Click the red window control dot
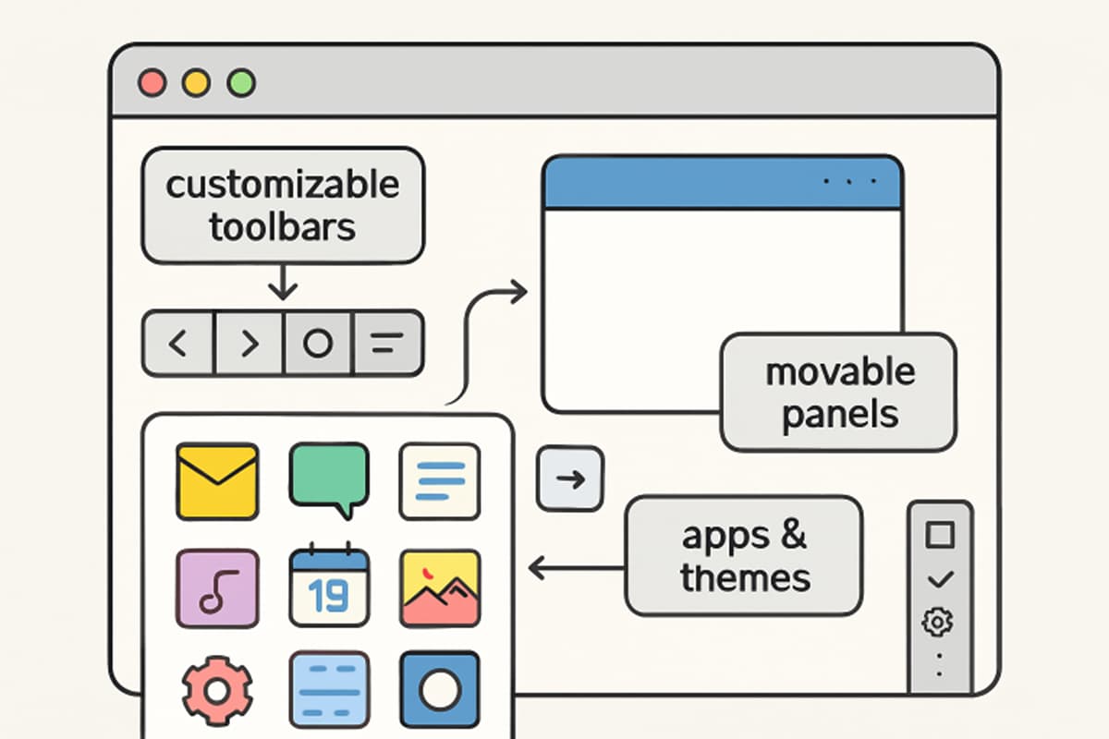(152, 83)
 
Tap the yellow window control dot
(196, 83)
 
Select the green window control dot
(241, 83)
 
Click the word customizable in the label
(283, 184)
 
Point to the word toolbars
(283, 225)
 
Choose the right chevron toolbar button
(250, 344)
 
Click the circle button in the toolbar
(318, 344)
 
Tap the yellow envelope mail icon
(217, 481)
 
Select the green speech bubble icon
(329, 478)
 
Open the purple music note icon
(217, 589)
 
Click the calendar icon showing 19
(329, 589)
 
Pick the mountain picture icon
(440, 589)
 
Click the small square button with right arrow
(570, 479)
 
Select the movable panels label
(839, 393)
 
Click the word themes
(745, 578)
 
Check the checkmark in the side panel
(939, 580)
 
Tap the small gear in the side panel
(938, 623)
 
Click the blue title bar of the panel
(721, 183)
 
